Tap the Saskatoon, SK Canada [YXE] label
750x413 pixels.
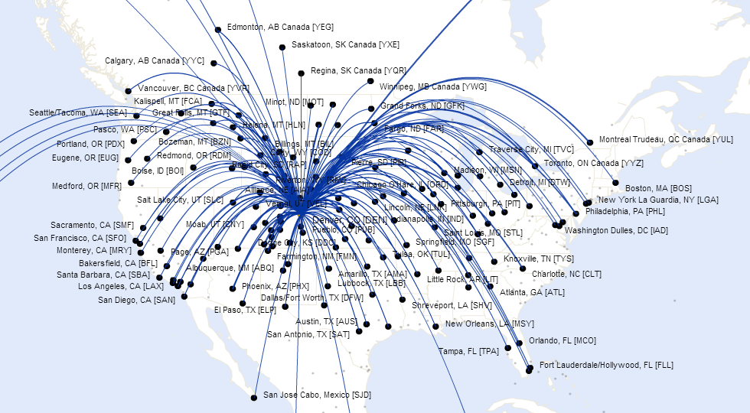[345, 45]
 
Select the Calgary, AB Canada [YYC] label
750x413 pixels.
[155, 60]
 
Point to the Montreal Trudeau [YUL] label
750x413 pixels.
[666, 140]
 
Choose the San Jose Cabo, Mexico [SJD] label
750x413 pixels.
[317, 395]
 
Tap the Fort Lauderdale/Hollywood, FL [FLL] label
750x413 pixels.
[606, 366]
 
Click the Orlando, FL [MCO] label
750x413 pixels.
[562, 341]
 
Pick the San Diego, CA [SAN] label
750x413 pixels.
[137, 300]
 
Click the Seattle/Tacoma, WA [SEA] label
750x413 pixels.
[78, 112]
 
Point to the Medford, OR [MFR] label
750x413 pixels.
[86, 186]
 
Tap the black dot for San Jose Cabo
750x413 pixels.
[254, 397]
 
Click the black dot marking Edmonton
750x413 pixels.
[218, 29]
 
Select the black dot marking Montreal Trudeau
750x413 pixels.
[590, 141]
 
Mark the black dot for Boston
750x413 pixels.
[616, 183]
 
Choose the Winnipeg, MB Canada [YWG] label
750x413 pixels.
[432, 86]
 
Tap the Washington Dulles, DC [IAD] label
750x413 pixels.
[616, 230]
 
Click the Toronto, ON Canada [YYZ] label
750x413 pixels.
[594, 164]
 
